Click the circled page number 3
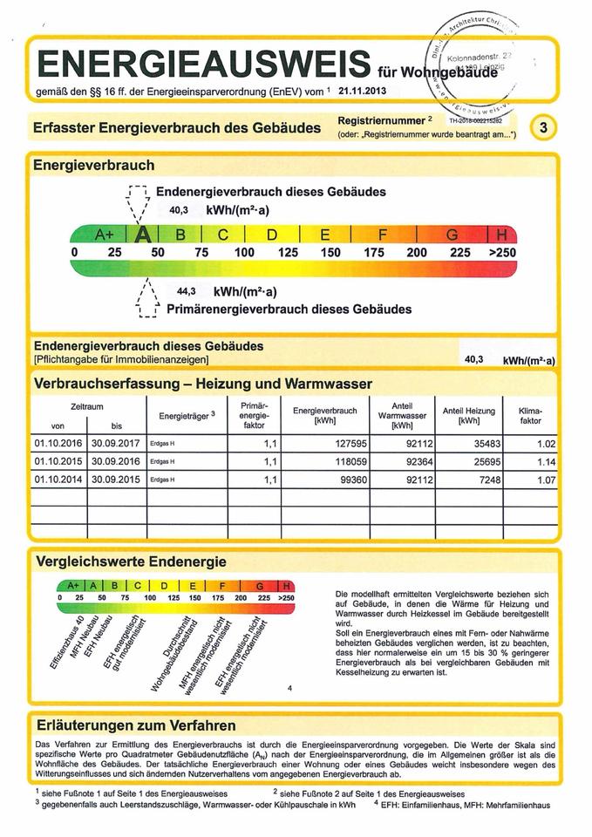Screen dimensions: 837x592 pyautogui.click(x=545, y=127)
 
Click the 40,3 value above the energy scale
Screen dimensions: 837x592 pyautogui.click(x=180, y=210)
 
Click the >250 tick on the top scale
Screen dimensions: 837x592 pyautogui.click(x=502, y=253)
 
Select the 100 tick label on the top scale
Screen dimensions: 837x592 pyautogui.click(x=244, y=253)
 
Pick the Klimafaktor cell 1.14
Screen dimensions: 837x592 pyautogui.click(x=546, y=461)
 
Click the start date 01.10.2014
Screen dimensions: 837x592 pyautogui.click(x=58, y=480)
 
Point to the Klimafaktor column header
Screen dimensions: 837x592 pyautogui.click(x=530, y=415)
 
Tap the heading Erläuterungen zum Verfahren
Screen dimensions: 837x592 pyautogui.click(x=135, y=725)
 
